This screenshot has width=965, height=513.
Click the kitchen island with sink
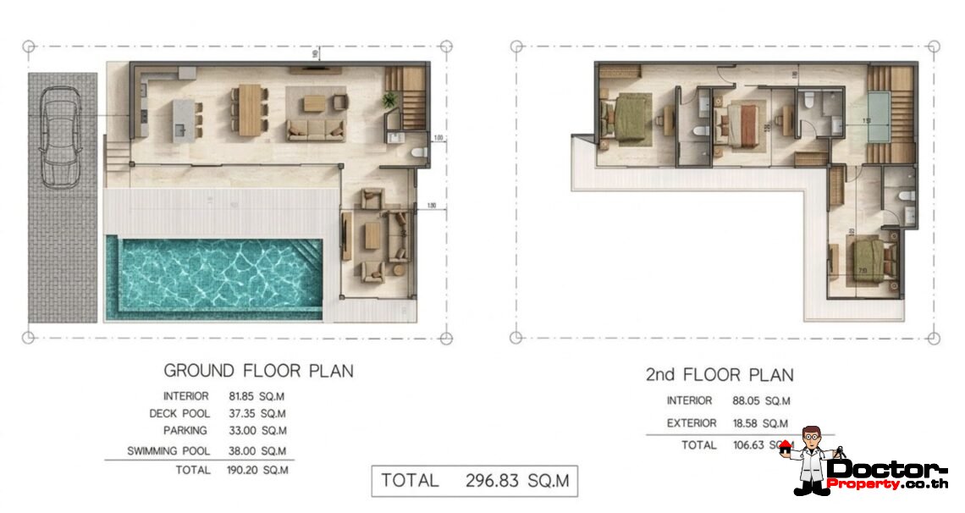click(x=184, y=118)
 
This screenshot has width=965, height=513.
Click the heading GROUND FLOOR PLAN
click(x=258, y=371)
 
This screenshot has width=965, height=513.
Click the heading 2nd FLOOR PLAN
click(x=720, y=375)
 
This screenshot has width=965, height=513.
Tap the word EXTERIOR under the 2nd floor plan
click(x=691, y=423)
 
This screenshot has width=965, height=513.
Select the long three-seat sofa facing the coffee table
click(x=316, y=130)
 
